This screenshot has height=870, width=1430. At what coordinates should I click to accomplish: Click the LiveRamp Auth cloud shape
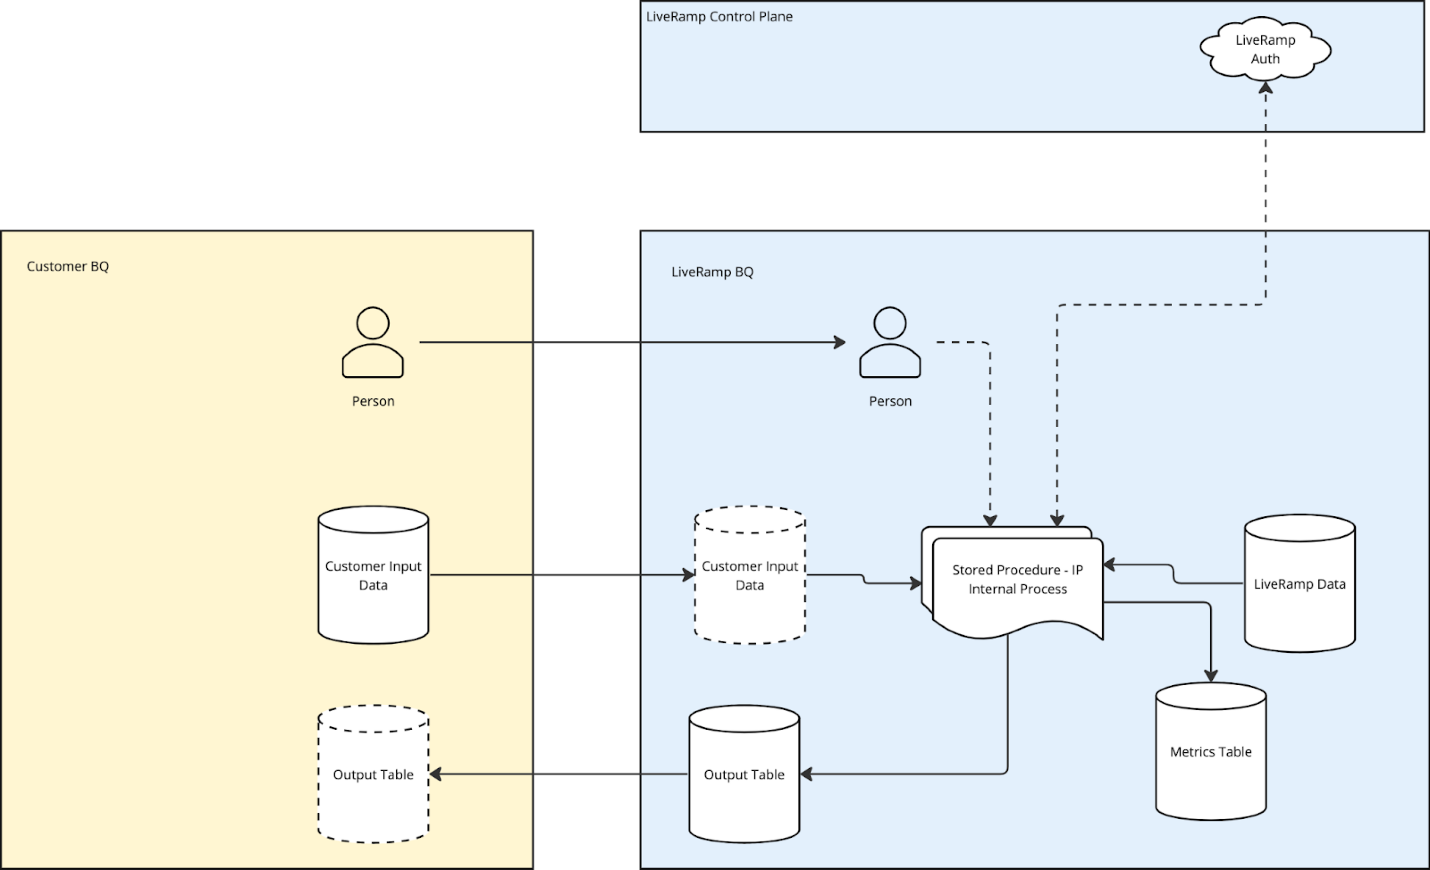pyautogui.click(x=1265, y=49)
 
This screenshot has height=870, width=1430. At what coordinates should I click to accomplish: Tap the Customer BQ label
pyautogui.click(x=67, y=266)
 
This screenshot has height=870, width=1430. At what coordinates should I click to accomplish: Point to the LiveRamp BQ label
pyautogui.click(x=712, y=272)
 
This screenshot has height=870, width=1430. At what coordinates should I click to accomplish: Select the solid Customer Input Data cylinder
pyautogui.click(x=373, y=575)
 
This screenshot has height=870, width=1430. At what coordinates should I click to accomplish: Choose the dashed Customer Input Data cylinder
pyautogui.click(x=750, y=575)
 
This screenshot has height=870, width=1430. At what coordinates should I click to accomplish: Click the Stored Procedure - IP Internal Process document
pyautogui.click(x=1017, y=580)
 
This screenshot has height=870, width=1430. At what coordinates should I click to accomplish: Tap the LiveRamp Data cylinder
pyautogui.click(x=1300, y=583)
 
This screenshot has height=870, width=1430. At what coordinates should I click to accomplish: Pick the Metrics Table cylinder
pyautogui.click(x=1211, y=752)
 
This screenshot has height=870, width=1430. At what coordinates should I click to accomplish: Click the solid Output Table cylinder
pyautogui.click(x=744, y=774)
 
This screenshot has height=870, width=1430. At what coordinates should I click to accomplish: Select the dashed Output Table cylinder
pyautogui.click(x=373, y=774)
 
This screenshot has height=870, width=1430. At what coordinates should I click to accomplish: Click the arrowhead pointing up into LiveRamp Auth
pyautogui.click(x=1265, y=88)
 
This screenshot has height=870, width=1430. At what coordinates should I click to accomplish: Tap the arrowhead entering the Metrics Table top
pyautogui.click(x=1211, y=676)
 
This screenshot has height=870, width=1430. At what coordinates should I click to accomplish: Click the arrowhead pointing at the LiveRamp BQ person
pyautogui.click(x=839, y=342)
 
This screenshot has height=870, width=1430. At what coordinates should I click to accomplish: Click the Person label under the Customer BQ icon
pyautogui.click(x=373, y=402)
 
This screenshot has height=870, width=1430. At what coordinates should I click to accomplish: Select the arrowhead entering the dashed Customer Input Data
pyautogui.click(x=689, y=575)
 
